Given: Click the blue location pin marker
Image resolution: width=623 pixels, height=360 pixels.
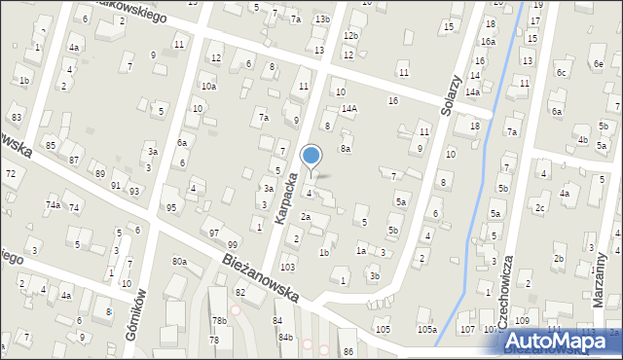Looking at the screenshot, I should click(311, 156).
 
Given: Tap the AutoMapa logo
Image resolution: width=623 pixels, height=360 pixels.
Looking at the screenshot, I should click(561, 340).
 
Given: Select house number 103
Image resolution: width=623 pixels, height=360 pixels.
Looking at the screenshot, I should click(287, 267).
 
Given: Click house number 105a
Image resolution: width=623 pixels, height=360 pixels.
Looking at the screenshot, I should click(426, 329).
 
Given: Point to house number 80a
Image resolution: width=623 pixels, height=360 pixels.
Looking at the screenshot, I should click(179, 261).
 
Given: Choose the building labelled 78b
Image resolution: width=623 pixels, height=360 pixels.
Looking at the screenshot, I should click(220, 320).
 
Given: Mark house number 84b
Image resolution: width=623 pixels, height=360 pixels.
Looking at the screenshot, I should click(285, 337).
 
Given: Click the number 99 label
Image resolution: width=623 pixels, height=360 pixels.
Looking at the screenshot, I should click(232, 243).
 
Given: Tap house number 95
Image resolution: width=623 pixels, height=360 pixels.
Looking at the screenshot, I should click(171, 208).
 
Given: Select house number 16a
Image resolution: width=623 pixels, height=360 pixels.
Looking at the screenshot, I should click(488, 42).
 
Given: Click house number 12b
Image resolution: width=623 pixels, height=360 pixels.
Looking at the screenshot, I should click(350, 36).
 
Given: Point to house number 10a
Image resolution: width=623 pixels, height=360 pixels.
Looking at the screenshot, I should click(208, 86).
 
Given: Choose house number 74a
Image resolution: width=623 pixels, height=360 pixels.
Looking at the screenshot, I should click(53, 204).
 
